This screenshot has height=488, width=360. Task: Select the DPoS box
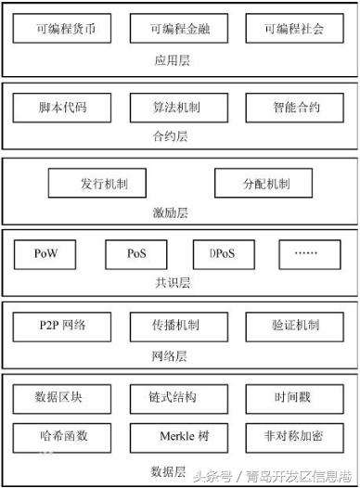[223, 252]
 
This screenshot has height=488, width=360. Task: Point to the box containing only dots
[305, 252]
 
